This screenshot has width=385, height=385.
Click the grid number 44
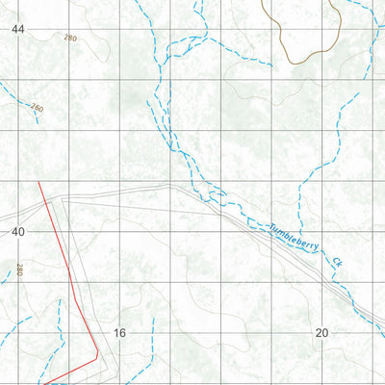point(17,29)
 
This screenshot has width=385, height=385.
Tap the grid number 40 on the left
point(17,231)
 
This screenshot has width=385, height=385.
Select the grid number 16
point(119,332)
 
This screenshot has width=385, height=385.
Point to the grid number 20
point(321,332)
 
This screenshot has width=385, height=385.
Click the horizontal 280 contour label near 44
point(69,38)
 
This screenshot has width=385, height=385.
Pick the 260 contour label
point(37,108)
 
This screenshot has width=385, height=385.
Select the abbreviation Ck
point(336,261)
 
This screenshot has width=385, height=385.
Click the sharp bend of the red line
point(97,355)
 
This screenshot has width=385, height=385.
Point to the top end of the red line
point(38,180)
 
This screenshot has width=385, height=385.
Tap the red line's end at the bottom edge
point(45,382)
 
